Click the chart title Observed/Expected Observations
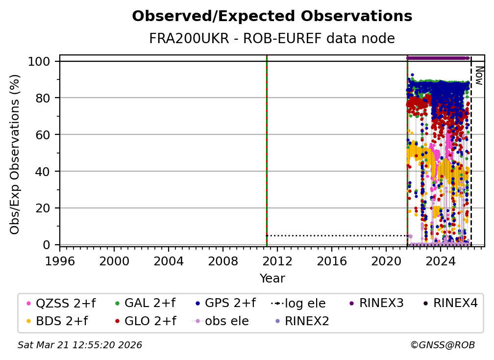click(x=272, y=16)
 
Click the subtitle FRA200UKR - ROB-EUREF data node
click(x=272, y=38)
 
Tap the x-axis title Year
click(x=272, y=279)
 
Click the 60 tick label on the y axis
click(x=45, y=134)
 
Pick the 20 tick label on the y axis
click(x=45, y=208)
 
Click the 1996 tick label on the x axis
click(x=60, y=260)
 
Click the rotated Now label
click(x=479, y=76)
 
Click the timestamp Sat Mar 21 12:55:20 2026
click(x=80, y=345)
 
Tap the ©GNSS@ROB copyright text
click(x=442, y=345)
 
